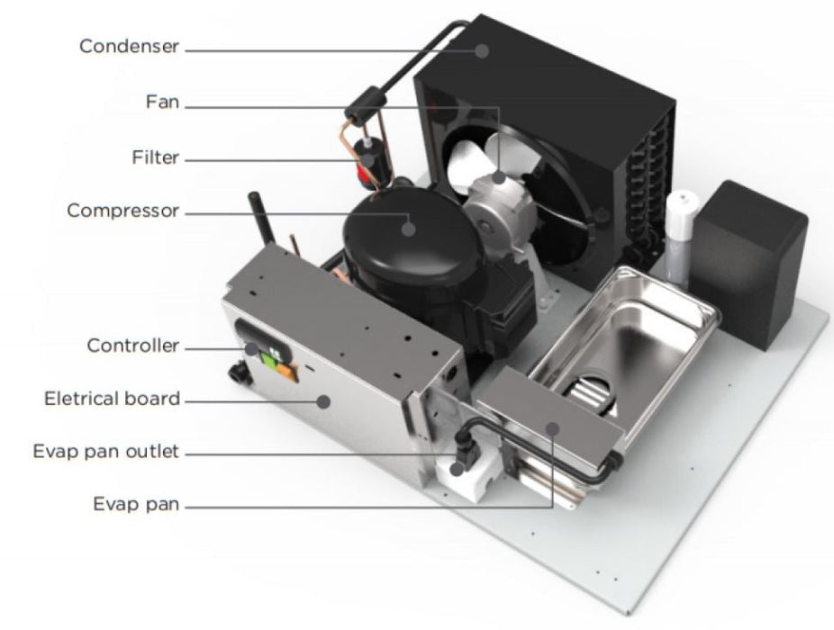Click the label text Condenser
[x=130, y=46]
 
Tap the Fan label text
[x=162, y=102]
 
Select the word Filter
[x=155, y=157]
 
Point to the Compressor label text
[x=122, y=211]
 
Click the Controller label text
[x=133, y=346]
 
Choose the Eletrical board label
[x=113, y=399]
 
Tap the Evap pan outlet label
[x=106, y=452]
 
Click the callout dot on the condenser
[x=482, y=51]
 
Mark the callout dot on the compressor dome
[x=408, y=229]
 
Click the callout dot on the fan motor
[x=498, y=177]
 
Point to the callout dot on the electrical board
[x=322, y=401]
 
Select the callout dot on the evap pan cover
[x=553, y=428]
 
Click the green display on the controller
[x=271, y=359]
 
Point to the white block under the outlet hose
[x=468, y=476]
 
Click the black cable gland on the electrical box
[x=240, y=373]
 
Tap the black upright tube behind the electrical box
[x=261, y=219]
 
